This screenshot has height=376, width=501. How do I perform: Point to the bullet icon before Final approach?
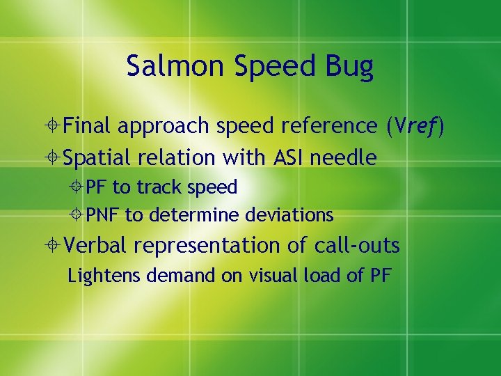pos(53,126)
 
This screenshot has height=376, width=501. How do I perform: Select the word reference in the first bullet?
pos(325,126)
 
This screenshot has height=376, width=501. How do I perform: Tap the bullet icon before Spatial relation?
pos(53,158)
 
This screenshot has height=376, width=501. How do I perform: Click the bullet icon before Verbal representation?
pos(53,246)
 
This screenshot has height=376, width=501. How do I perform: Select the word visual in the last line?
pos(264,276)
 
